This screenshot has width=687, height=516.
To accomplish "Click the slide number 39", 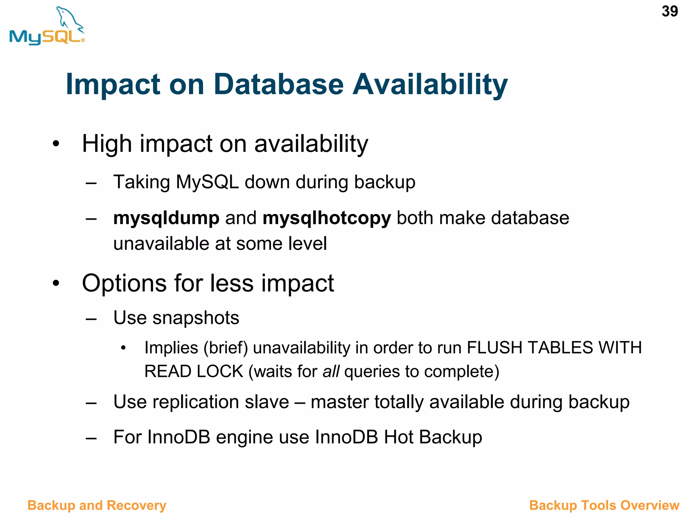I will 670,11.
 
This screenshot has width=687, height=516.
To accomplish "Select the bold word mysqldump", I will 166,218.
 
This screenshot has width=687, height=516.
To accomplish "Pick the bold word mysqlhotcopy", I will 327,218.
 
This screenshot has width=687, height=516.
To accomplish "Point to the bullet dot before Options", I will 56,283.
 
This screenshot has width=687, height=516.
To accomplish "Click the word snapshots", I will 196,318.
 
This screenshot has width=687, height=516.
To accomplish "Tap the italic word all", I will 331,372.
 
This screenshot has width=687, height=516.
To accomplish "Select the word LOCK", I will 220,372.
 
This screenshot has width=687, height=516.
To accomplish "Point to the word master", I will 339,402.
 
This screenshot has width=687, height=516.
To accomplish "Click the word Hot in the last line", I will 399,437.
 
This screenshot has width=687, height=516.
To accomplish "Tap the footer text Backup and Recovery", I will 97,505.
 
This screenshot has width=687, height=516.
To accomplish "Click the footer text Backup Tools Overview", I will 604,505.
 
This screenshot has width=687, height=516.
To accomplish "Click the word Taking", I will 142,182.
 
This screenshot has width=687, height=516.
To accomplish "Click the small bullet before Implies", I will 123,348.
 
